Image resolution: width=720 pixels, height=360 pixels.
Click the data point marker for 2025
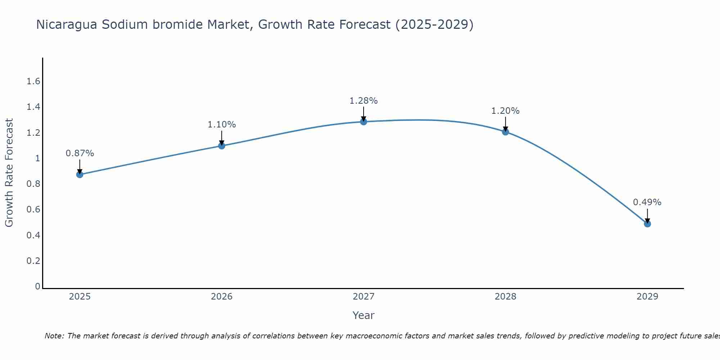80,175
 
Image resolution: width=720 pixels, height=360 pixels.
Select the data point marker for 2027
364,122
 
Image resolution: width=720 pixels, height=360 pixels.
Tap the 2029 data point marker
647,224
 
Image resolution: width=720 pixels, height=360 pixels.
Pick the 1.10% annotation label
221,125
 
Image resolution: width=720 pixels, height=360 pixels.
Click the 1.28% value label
364,101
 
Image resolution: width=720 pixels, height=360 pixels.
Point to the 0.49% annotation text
647,202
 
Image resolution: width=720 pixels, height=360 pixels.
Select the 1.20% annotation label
505,111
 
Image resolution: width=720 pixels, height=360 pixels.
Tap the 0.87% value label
80,153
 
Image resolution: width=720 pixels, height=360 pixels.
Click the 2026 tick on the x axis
221,297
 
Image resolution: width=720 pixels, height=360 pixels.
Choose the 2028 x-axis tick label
505,297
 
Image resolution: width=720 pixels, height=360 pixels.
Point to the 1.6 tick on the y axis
33,81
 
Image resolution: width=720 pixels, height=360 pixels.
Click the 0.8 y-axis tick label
33,184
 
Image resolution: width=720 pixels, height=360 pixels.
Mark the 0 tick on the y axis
37,287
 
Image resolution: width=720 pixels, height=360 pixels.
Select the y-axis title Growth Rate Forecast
9,172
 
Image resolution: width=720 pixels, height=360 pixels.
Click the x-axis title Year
364,315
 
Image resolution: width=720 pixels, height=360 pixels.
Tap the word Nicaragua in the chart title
67,24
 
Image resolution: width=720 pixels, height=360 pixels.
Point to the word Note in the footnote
54,336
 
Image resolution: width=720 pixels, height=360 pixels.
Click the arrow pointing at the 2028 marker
505,124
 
